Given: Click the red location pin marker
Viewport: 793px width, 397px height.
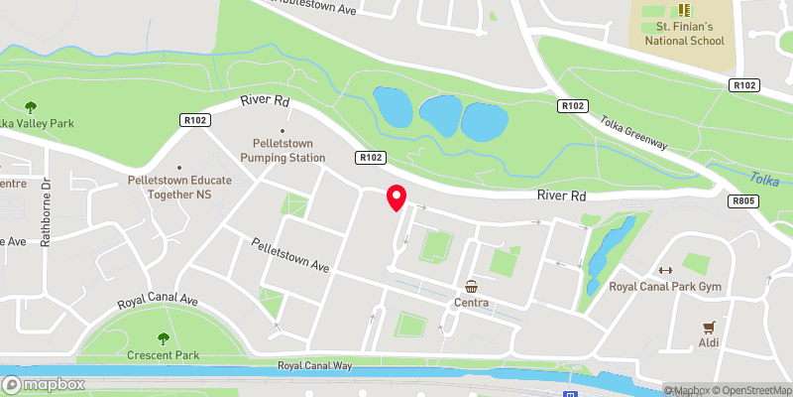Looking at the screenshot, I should [396, 198].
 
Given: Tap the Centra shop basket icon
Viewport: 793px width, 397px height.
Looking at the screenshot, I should [472, 286].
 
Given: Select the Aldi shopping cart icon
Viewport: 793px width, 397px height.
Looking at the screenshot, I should [709, 326].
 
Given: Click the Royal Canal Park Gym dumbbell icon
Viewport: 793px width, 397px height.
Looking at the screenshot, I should [665, 270].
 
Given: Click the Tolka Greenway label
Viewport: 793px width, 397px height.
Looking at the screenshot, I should [633, 130].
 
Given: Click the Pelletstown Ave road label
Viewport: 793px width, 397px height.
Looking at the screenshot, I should [289, 255].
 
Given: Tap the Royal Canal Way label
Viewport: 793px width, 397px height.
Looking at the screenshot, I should [315, 366].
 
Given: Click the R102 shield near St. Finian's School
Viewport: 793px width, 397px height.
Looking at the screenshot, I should [744, 86].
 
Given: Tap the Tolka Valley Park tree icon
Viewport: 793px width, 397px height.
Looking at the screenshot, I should [30, 106].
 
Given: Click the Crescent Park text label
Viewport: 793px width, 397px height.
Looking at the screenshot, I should [164, 354].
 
